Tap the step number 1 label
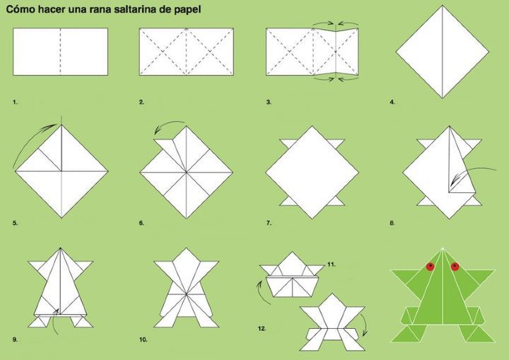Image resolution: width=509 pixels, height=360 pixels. coord(15,103)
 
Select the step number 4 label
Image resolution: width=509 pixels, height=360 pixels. coord(392,103)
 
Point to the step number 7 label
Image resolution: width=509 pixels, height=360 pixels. coord(269,223)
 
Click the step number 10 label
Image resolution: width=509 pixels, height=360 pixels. coord(143,339)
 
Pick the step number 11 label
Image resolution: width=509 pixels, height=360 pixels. coord(331,265)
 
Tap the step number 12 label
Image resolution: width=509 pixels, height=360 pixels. coord(262,328)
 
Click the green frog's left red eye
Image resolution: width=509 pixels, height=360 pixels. coord(431,267)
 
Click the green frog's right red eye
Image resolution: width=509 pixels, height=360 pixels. coord(455,267)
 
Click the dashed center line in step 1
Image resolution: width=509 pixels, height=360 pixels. coord(60,52)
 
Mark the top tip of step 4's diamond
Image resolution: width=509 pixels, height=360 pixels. coord(442,6)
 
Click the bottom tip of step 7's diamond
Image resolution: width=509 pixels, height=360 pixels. coord(312,219)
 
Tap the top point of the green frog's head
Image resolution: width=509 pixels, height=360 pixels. coord(443,249)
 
